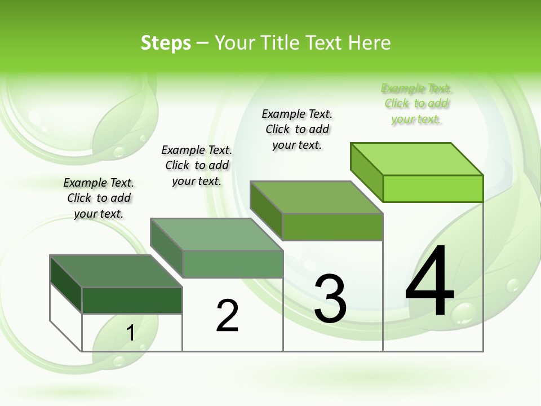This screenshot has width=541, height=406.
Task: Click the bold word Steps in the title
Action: pos(166,43)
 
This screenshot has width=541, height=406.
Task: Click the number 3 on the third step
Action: pos(330,299)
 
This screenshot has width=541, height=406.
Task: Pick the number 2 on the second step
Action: pos(228,316)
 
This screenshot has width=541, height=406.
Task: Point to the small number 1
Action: pos(130,333)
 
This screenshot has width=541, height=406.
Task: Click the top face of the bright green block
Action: pos(417,158)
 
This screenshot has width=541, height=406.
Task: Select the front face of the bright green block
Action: pos(433,188)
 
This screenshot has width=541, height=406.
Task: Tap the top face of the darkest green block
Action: pos(116,271)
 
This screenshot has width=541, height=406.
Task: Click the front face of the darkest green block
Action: pos(132,300)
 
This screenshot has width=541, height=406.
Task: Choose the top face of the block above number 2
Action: pos(216,234)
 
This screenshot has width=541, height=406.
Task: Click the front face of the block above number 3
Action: pos(332,227)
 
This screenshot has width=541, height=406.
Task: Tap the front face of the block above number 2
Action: pos(232,264)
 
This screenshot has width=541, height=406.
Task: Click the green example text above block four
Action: pos(416,104)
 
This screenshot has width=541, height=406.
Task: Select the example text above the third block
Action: pos(297,129)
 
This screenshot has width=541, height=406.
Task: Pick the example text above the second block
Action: pos(197,165)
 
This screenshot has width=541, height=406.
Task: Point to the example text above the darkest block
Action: pos(99,198)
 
